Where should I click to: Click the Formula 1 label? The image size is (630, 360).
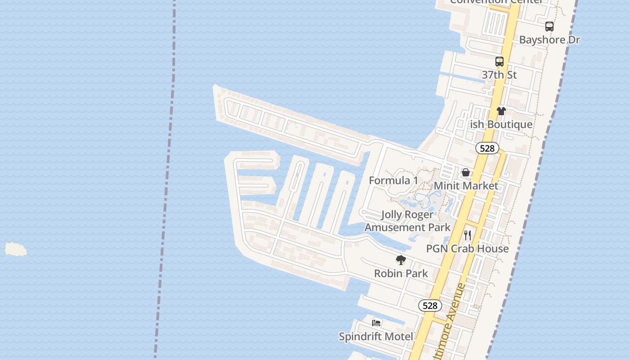(393, 180)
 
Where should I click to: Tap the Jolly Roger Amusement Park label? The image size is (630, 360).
(407, 221)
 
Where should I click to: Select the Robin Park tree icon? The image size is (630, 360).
(400, 260)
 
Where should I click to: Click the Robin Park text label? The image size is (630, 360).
(401, 273)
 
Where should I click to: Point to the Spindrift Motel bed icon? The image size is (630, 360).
(376, 323)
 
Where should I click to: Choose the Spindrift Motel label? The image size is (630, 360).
(376, 337)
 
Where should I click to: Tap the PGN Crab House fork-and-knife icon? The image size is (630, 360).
(468, 235)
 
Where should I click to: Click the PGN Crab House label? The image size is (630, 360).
(467, 248)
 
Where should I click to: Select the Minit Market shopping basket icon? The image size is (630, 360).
(466, 172)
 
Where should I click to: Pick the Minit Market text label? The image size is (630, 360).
(466, 186)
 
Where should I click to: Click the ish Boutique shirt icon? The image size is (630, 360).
(501, 111)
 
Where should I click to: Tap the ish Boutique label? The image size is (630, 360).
(501, 124)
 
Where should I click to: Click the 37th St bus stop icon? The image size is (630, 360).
(499, 62)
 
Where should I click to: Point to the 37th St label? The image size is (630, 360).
(499, 75)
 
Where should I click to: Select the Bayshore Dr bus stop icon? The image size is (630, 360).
(549, 26)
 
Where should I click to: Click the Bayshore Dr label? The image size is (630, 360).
(549, 40)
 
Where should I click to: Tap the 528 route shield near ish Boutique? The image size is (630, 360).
(487, 148)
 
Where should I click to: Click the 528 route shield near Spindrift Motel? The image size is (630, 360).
(430, 306)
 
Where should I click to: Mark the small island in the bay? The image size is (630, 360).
(16, 249)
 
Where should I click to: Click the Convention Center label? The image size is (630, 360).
(496, 2)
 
